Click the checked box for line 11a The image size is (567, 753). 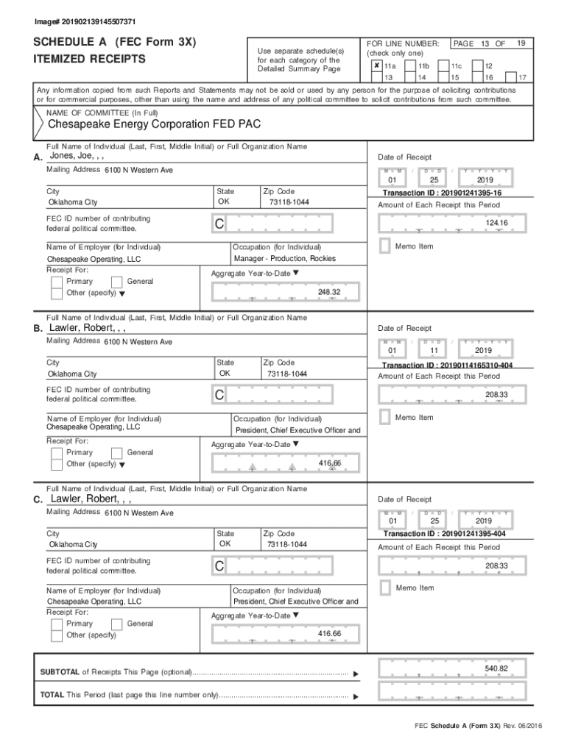pyautogui.click(x=376, y=66)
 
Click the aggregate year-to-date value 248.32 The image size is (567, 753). pyautogui.click(x=328, y=292)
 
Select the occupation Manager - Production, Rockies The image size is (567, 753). pyautogui.click(x=284, y=259)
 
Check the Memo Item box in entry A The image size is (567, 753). pyautogui.click(x=384, y=246)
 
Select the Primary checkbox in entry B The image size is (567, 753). pyautogui.click(x=57, y=452)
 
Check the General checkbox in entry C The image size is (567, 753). pyautogui.click(x=116, y=624)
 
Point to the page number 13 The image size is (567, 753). pyautogui.click(x=485, y=44)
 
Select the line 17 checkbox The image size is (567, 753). pyautogui.click(x=511, y=76)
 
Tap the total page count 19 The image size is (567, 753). pyautogui.click(x=521, y=43)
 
